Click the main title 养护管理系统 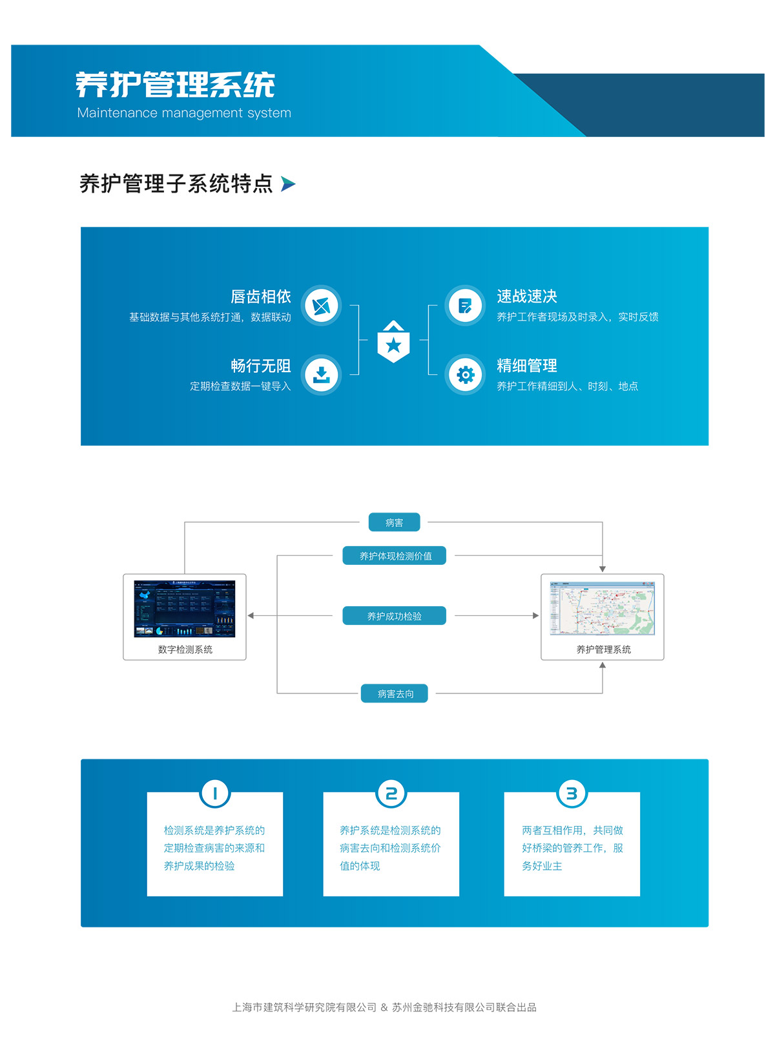click(175, 85)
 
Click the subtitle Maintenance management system click(184, 113)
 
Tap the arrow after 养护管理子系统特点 click(288, 184)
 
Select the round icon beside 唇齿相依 click(321, 306)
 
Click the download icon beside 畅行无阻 click(321, 375)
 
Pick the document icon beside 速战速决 click(465, 306)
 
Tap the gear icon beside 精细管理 click(465, 375)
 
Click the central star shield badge click(393, 342)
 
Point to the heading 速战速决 click(527, 297)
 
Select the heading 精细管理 click(527, 366)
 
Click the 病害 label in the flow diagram click(394, 522)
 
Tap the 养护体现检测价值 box click(395, 556)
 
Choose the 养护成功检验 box click(394, 616)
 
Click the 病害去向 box click(395, 693)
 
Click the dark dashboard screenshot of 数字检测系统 click(185, 609)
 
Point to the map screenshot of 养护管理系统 click(602, 608)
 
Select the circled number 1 click(215, 793)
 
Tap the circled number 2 click(391, 793)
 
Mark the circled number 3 click(572, 793)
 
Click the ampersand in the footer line click(384, 1007)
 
